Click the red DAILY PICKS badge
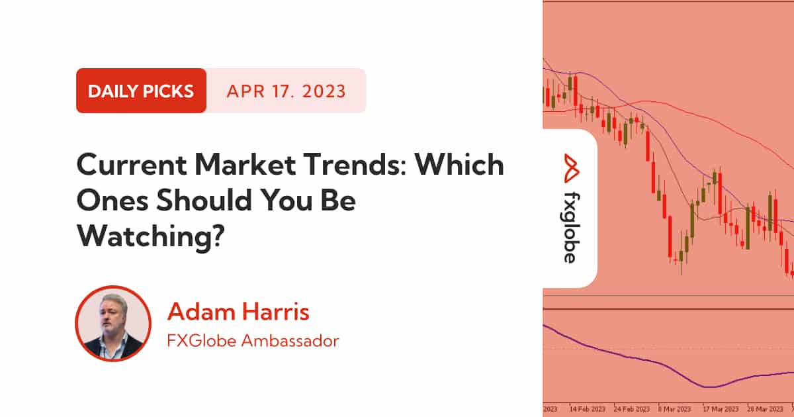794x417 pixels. point(141,91)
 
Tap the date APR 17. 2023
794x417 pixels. point(286,91)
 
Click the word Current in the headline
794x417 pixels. point(132,165)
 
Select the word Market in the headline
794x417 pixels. point(245,165)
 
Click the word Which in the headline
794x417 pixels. point(460,165)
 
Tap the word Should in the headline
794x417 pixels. point(206,201)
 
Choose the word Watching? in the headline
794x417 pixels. point(151,236)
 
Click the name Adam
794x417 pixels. point(201,312)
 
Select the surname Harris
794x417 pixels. point(276,312)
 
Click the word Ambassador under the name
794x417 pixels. point(290,341)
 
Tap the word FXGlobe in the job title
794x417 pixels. point(201,341)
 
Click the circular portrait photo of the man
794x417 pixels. point(113,324)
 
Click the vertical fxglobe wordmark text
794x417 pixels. point(572,228)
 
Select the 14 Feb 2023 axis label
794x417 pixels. point(588,409)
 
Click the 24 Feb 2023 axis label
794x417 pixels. point(632,409)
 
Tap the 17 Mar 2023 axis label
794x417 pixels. point(721,409)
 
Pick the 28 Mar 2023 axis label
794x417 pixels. point(766,409)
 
